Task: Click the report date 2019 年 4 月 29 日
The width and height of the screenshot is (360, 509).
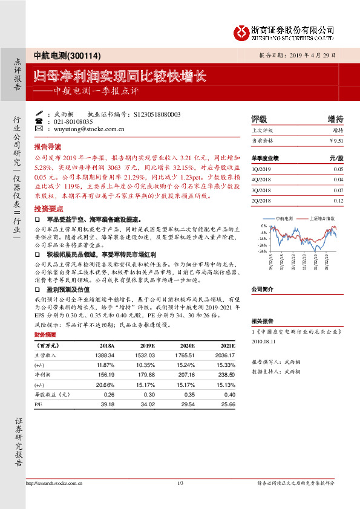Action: click(x=305, y=56)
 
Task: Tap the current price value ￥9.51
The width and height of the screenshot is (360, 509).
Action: click(x=336, y=140)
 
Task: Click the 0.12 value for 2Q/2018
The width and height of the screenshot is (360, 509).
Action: click(x=338, y=200)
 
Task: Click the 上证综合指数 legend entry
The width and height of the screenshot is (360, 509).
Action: click(x=322, y=218)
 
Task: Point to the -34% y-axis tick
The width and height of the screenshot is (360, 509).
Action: click(x=263, y=251)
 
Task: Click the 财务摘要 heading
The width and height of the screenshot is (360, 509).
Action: click(x=45, y=334)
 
